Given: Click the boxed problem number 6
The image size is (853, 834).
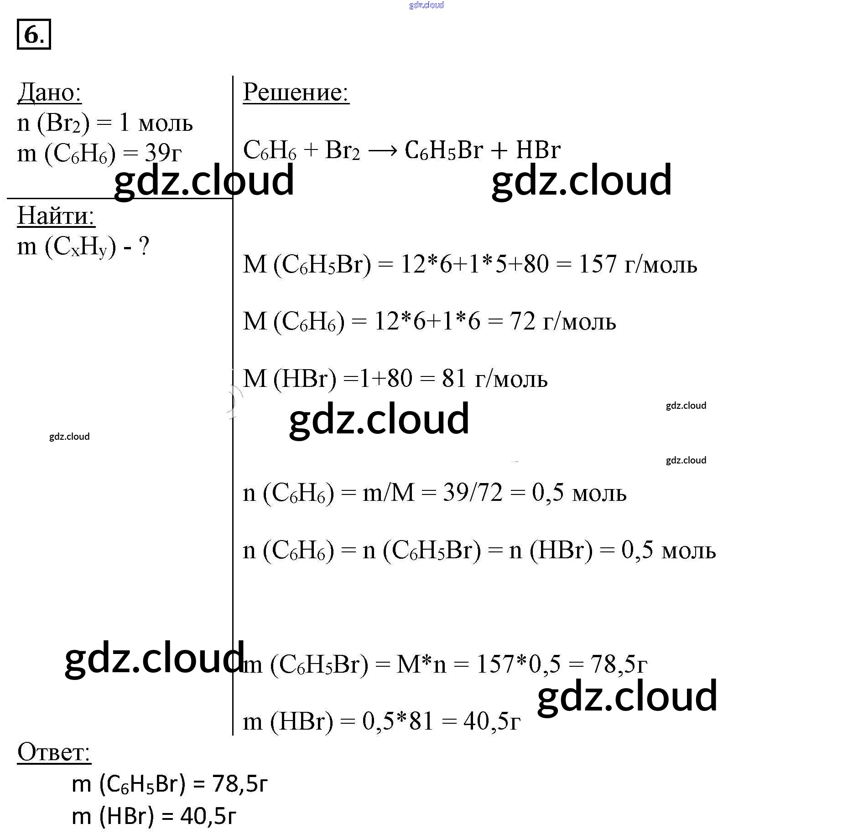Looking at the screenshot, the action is (x=34, y=34).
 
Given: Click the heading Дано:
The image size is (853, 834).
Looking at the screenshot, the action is (x=49, y=93).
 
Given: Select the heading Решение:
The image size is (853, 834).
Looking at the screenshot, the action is (x=296, y=93).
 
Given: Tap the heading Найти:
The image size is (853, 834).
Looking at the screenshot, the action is (x=56, y=216).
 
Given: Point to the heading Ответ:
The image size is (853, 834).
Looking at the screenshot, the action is (x=54, y=752).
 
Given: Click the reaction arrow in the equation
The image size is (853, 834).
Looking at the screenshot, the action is (x=382, y=150).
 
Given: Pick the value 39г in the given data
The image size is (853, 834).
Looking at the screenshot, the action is (x=163, y=153).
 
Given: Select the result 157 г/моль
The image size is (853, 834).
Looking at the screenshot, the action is (x=638, y=264).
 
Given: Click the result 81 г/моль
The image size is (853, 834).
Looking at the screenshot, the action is (x=494, y=379).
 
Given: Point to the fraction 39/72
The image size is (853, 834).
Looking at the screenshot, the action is (x=473, y=493).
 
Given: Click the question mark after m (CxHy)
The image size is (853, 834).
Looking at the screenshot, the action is (x=144, y=247).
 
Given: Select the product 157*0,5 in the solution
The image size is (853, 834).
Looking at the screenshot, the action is (x=518, y=664).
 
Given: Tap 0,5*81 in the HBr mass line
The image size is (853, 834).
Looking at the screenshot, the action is (x=397, y=722).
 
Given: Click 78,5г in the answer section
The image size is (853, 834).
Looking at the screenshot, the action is (x=240, y=784).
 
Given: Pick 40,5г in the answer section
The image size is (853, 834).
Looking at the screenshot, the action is (x=208, y=816).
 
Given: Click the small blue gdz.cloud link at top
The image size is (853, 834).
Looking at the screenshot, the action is (x=426, y=5).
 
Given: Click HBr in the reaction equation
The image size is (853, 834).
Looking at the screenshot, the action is (x=538, y=150).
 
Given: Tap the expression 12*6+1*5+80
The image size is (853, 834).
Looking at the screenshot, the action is (x=474, y=264).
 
